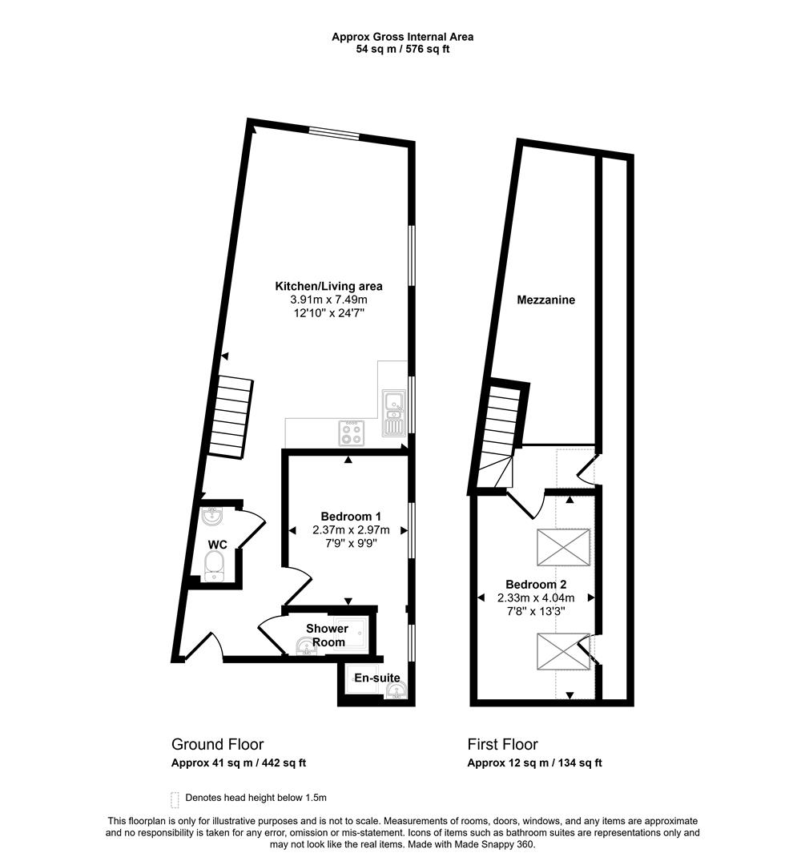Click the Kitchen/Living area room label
[328, 286]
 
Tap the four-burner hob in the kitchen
[350, 432]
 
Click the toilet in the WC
[214, 569]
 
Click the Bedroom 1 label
[350, 516]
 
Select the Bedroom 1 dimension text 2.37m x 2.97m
[350, 529]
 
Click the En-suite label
[377, 678]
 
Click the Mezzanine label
[546, 300]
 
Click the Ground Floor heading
[217, 744]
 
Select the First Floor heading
[502, 744]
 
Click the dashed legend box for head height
[175, 799]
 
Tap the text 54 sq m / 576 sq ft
[404, 49]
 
